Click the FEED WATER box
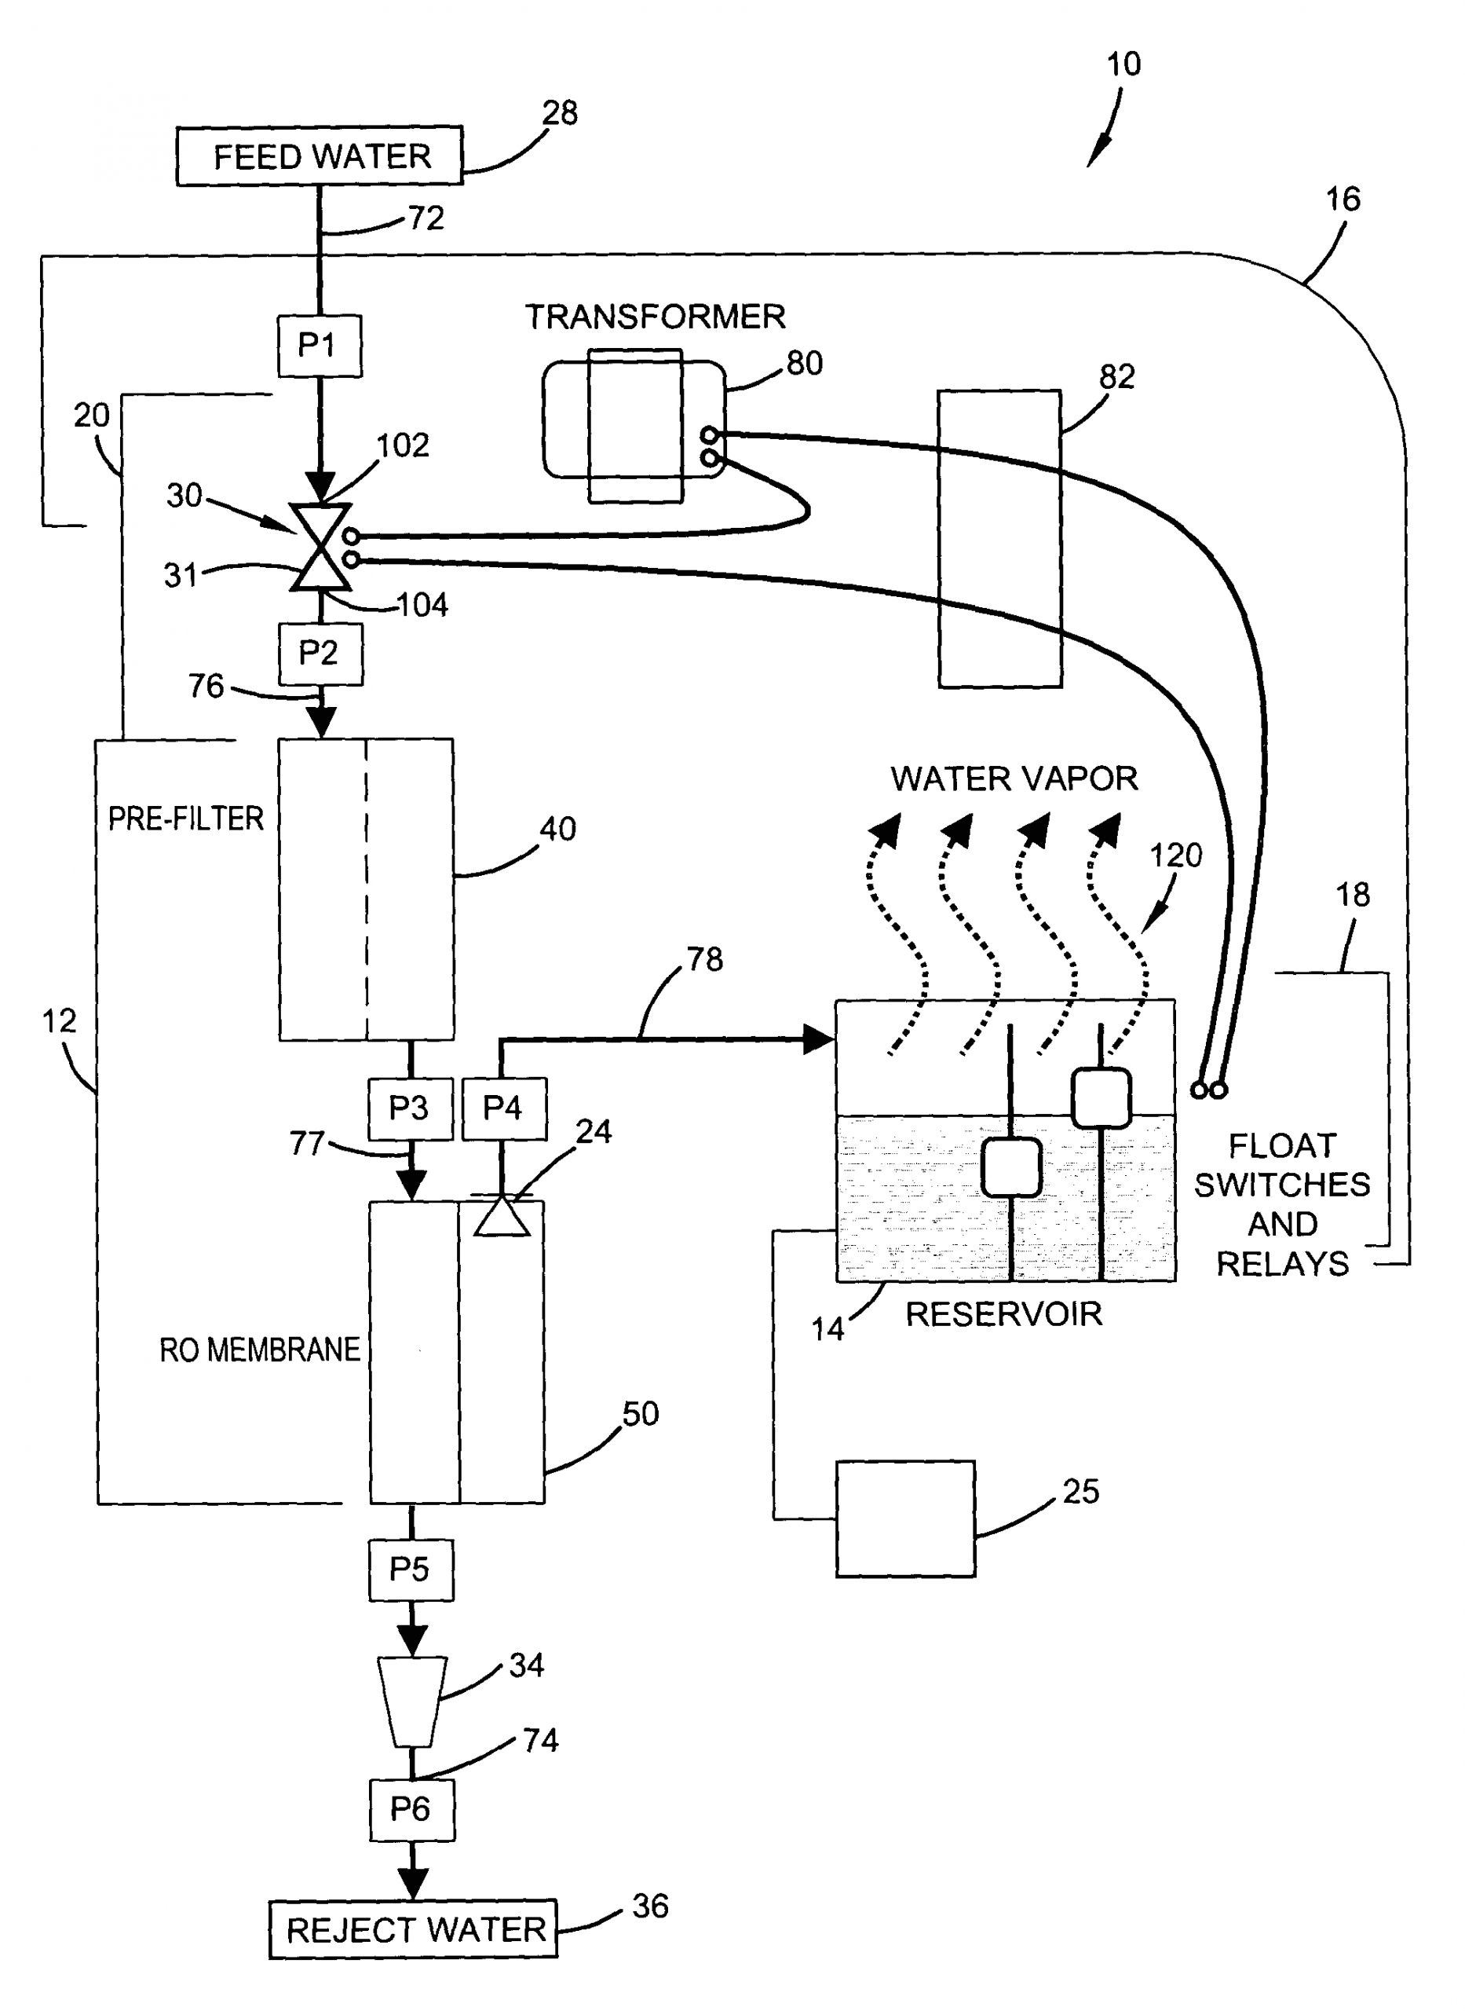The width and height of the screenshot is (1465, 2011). click(320, 156)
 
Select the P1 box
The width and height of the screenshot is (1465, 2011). click(320, 345)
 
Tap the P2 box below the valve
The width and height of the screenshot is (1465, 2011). click(320, 654)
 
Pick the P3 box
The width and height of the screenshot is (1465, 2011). click(410, 1108)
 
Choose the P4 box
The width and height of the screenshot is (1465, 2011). click(502, 1108)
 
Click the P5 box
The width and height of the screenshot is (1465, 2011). click(411, 1570)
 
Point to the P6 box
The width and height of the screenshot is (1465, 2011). click(412, 1809)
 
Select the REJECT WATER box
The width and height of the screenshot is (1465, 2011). click(413, 1929)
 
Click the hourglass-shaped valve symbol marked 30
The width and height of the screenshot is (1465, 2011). click(321, 548)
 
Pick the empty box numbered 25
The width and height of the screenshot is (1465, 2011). click(904, 1518)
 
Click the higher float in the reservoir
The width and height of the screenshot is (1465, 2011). click(1101, 1097)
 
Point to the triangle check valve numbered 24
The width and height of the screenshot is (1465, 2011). click(502, 1216)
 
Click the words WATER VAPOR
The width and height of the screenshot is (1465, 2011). click(1014, 778)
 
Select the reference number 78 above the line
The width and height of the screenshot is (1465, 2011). click(705, 959)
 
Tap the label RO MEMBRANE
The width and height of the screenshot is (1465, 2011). click(260, 1350)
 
